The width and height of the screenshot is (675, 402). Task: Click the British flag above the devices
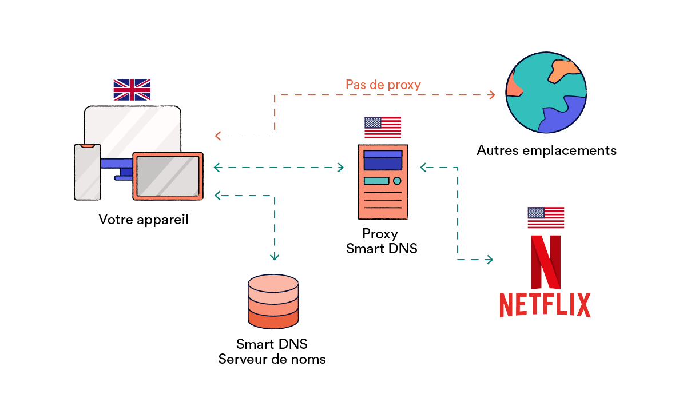[132, 90]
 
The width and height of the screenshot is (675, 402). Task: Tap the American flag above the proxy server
[383, 127]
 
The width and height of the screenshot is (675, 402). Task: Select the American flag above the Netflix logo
[546, 217]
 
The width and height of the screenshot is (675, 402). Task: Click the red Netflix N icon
[545, 261]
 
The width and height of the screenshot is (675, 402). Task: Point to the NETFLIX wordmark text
[544, 305]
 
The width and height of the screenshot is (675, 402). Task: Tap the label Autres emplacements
[546, 150]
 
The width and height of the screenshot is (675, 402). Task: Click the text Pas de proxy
[383, 85]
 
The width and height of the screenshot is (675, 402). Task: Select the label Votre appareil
[143, 220]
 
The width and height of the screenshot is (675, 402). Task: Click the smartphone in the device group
[88, 172]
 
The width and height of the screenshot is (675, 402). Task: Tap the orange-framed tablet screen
[168, 176]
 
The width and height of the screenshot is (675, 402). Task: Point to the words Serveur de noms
[272, 359]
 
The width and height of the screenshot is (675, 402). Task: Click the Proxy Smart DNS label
[382, 241]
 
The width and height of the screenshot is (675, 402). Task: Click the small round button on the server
[397, 181]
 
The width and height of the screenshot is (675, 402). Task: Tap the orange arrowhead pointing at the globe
[491, 94]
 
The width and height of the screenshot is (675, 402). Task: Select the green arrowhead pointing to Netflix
[490, 260]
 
